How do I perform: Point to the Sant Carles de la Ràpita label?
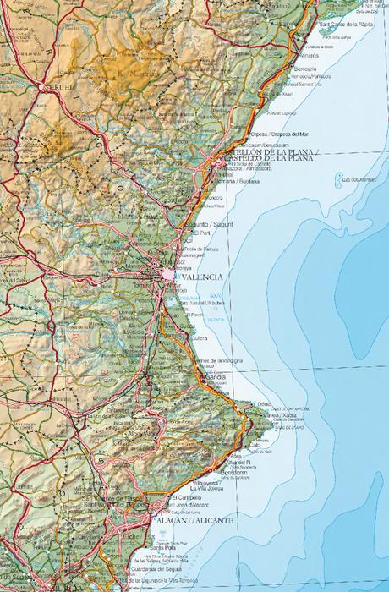pyautogui.click(x=346, y=25)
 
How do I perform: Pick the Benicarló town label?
pyautogui.click(x=306, y=69)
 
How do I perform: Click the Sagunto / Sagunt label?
pyautogui.click(x=212, y=224)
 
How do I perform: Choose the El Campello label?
pyautogui.click(x=185, y=497)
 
